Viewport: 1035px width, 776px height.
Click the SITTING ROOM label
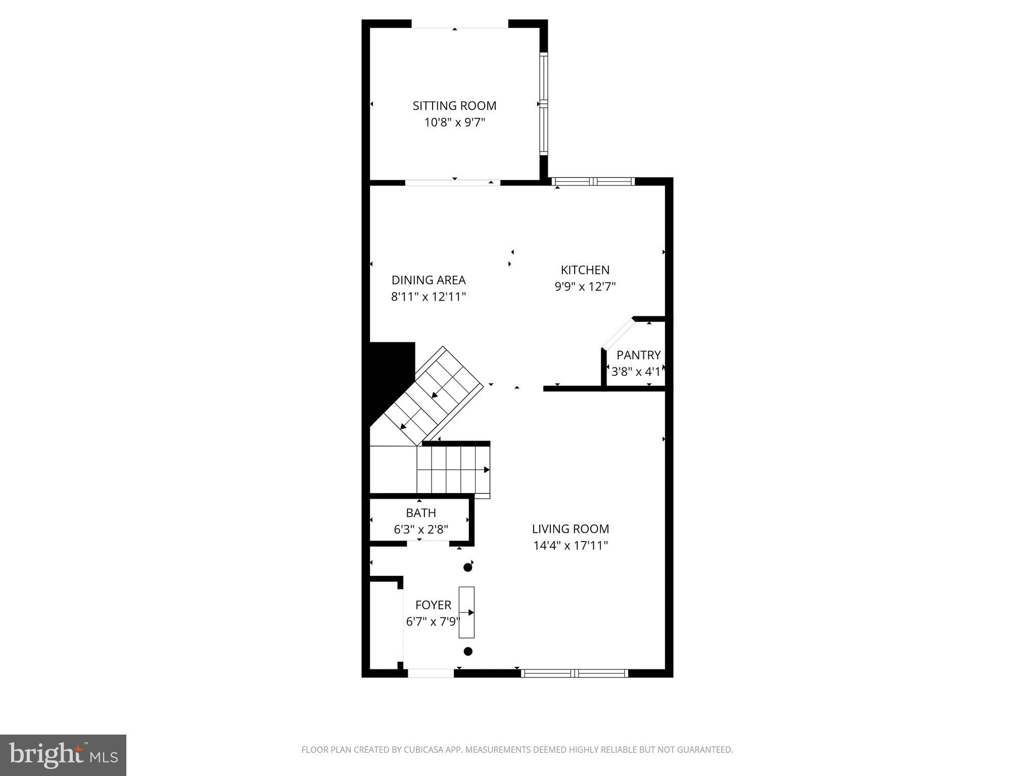pos(454,106)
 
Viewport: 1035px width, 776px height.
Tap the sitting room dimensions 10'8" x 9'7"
pos(454,122)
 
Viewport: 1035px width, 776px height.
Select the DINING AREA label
pos(429,280)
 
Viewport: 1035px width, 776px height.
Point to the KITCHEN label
pos(585,270)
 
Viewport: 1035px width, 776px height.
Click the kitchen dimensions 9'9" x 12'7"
pos(585,286)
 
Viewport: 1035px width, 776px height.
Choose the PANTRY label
pos(638,355)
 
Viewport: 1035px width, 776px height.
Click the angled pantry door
pos(618,333)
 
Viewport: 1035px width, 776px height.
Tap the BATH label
pos(420,513)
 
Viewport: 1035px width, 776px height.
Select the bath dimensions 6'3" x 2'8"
pos(420,529)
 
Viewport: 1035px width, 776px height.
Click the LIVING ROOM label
pos(570,529)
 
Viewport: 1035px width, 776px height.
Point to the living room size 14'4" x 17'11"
pos(570,546)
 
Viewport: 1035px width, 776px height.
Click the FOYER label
pos(433,605)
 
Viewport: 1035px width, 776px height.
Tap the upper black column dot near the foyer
pos(467,568)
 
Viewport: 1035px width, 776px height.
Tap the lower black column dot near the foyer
pos(468,652)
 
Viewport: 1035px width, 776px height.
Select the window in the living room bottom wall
pos(574,673)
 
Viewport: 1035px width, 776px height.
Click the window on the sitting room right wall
pos(544,104)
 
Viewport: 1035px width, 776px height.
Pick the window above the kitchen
pos(593,181)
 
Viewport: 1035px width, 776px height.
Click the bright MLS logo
pos(63,755)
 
